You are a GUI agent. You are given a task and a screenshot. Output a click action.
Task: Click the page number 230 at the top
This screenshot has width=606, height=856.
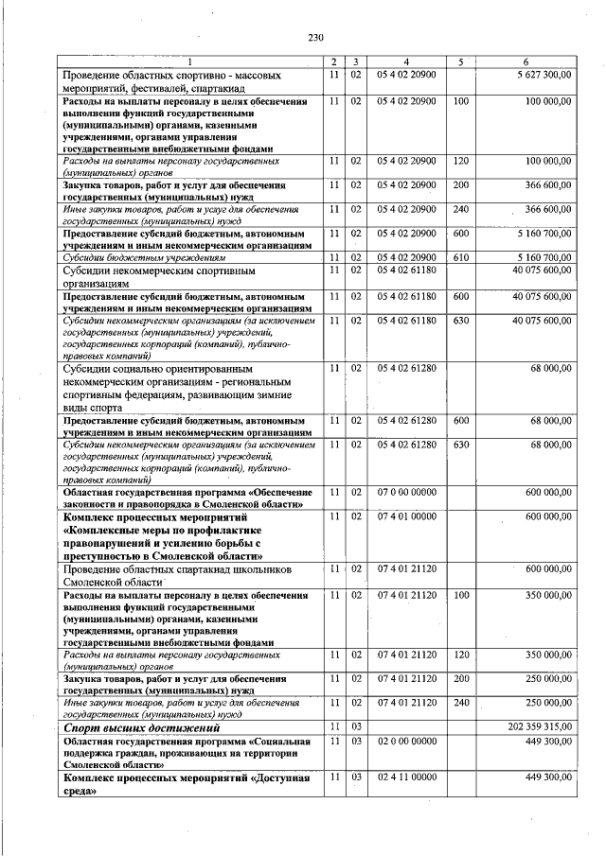pyautogui.click(x=316, y=38)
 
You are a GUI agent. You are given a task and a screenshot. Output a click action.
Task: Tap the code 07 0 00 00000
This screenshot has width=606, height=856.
pyautogui.click(x=407, y=493)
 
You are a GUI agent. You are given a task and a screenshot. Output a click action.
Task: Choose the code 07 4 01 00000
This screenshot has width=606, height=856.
pyautogui.click(x=407, y=517)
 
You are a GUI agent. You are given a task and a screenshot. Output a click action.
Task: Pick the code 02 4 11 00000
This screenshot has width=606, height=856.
pyautogui.click(x=407, y=777)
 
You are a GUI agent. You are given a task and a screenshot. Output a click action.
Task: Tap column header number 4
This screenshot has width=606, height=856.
pyautogui.click(x=406, y=61)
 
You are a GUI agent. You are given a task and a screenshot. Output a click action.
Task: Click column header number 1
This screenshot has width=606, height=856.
pyautogui.click(x=190, y=61)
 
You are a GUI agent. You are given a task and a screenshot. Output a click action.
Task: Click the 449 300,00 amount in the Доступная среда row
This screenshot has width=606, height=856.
pyautogui.click(x=544, y=777)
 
